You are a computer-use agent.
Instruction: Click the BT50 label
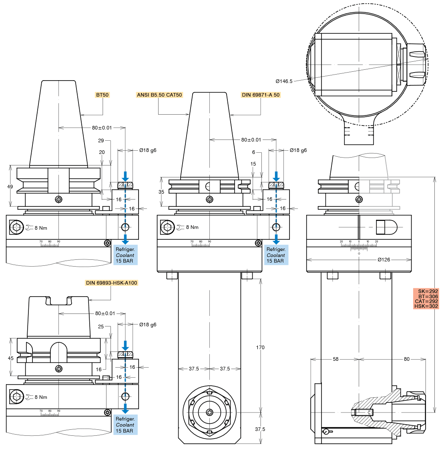102,95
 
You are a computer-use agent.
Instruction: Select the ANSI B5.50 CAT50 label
159,95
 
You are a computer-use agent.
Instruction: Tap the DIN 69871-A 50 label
261,95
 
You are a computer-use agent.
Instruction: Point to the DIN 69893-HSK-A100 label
111,283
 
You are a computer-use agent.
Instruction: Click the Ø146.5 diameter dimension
284,81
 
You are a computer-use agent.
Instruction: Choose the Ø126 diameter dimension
384,260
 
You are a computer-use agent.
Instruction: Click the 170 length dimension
260,348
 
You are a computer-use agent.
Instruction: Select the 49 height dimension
10,187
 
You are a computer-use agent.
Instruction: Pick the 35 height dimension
161,192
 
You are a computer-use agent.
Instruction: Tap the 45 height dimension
11,358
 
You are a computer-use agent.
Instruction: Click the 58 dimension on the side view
336,359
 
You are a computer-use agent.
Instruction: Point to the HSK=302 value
426,306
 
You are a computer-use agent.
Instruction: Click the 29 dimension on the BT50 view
101,141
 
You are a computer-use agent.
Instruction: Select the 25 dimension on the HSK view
101,327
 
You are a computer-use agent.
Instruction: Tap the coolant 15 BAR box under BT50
125,255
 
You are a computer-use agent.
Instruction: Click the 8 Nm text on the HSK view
41,397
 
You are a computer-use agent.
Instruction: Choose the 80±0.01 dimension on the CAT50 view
251,140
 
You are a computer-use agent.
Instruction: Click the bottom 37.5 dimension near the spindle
260,429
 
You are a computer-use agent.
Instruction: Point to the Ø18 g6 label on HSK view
148,325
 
